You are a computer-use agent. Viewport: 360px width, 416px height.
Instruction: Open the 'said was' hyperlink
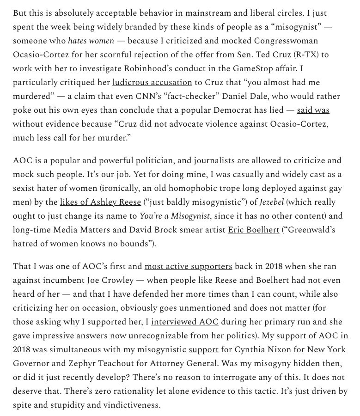313,110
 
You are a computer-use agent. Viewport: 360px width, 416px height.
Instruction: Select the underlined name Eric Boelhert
253,230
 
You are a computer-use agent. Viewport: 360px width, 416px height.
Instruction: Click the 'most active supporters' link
188,266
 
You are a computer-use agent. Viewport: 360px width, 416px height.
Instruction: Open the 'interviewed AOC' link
184,322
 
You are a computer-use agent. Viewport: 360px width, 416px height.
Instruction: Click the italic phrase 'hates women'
90,41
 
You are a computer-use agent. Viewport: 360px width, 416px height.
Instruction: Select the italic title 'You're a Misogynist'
175,216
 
